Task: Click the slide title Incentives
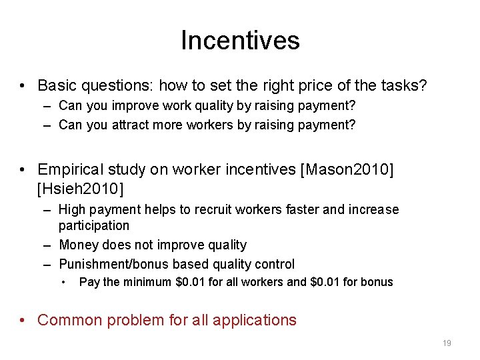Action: click(x=240, y=41)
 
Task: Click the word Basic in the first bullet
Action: click(x=58, y=86)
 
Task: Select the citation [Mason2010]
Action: click(x=347, y=170)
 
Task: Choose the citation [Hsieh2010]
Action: click(x=81, y=189)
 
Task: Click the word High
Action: click(x=73, y=210)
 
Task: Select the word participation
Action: click(x=94, y=226)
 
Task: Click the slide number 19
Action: click(x=447, y=343)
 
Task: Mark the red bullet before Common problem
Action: click(x=23, y=320)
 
